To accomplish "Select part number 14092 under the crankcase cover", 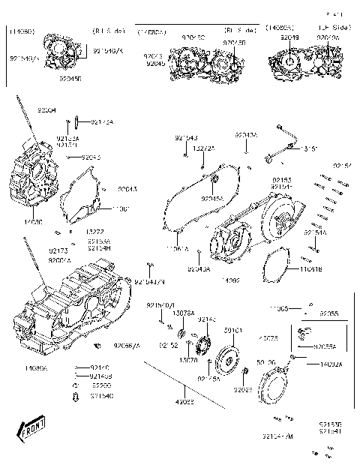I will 230,280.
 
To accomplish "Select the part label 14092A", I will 330,364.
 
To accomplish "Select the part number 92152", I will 168,346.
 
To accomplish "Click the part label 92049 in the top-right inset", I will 290,36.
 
